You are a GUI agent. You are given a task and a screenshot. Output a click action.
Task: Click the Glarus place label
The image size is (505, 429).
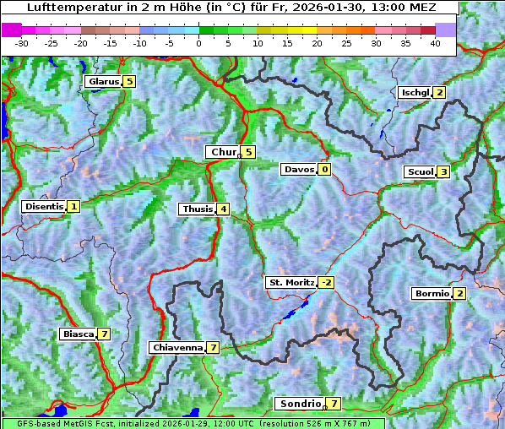pyautogui.click(x=102, y=82)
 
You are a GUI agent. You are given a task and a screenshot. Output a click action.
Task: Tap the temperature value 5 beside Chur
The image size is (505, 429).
pyautogui.click(x=248, y=152)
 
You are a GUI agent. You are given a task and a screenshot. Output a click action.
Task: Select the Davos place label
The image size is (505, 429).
pyautogui.click(x=299, y=170)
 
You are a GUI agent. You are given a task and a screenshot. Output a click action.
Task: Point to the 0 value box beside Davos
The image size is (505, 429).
pyautogui.click(x=324, y=170)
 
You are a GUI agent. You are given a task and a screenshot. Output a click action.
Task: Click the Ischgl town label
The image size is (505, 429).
pyautogui.click(x=415, y=93)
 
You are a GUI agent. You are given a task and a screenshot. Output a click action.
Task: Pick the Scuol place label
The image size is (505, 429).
pyautogui.click(x=420, y=172)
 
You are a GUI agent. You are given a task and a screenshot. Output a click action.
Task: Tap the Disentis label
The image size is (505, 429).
pyautogui.click(x=44, y=206)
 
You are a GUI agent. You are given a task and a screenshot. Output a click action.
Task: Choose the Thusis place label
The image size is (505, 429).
pyautogui.click(x=197, y=209)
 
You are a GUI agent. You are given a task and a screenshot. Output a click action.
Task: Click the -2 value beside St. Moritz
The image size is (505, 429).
pyautogui.click(x=326, y=282)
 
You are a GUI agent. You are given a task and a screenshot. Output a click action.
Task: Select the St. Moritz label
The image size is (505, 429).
pyautogui.click(x=291, y=282)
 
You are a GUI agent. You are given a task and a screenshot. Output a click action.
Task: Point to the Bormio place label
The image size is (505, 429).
pyautogui.click(x=432, y=294)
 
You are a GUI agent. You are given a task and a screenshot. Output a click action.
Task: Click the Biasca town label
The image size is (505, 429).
pyautogui.click(x=78, y=334)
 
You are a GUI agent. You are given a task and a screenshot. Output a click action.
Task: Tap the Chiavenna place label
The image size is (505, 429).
pyautogui.click(x=176, y=347)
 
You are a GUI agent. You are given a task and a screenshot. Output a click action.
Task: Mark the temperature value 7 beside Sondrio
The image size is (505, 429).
pyautogui.click(x=334, y=404)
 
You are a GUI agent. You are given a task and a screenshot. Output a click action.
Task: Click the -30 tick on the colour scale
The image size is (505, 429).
pyautogui.click(x=22, y=42)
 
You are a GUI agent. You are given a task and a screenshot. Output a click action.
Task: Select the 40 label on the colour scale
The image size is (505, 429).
pyautogui.click(x=434, y=42)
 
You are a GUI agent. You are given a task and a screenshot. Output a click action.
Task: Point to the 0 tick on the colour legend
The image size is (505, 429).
pyautogui.click(x=198, y=42)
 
